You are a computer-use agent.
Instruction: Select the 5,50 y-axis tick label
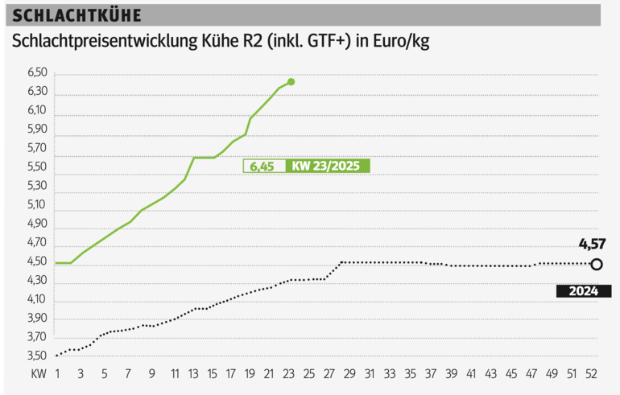[39, 168]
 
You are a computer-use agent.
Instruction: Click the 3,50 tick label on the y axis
[39, 355]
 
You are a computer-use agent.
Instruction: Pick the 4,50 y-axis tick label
[39, 261]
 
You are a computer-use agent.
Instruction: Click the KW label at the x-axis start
[38, 375]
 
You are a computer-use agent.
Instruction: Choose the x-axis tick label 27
[328, 375]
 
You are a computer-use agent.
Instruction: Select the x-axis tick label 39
[451, 375]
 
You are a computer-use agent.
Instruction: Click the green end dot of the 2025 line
[291, 82]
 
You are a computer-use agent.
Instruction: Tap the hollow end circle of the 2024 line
[596, 264]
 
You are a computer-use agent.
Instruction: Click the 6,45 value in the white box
[262, 167]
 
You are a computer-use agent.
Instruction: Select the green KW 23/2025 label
[327, 167]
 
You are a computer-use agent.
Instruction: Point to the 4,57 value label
[592, 243]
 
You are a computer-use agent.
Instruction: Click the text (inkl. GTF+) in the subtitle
[310, 42]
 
